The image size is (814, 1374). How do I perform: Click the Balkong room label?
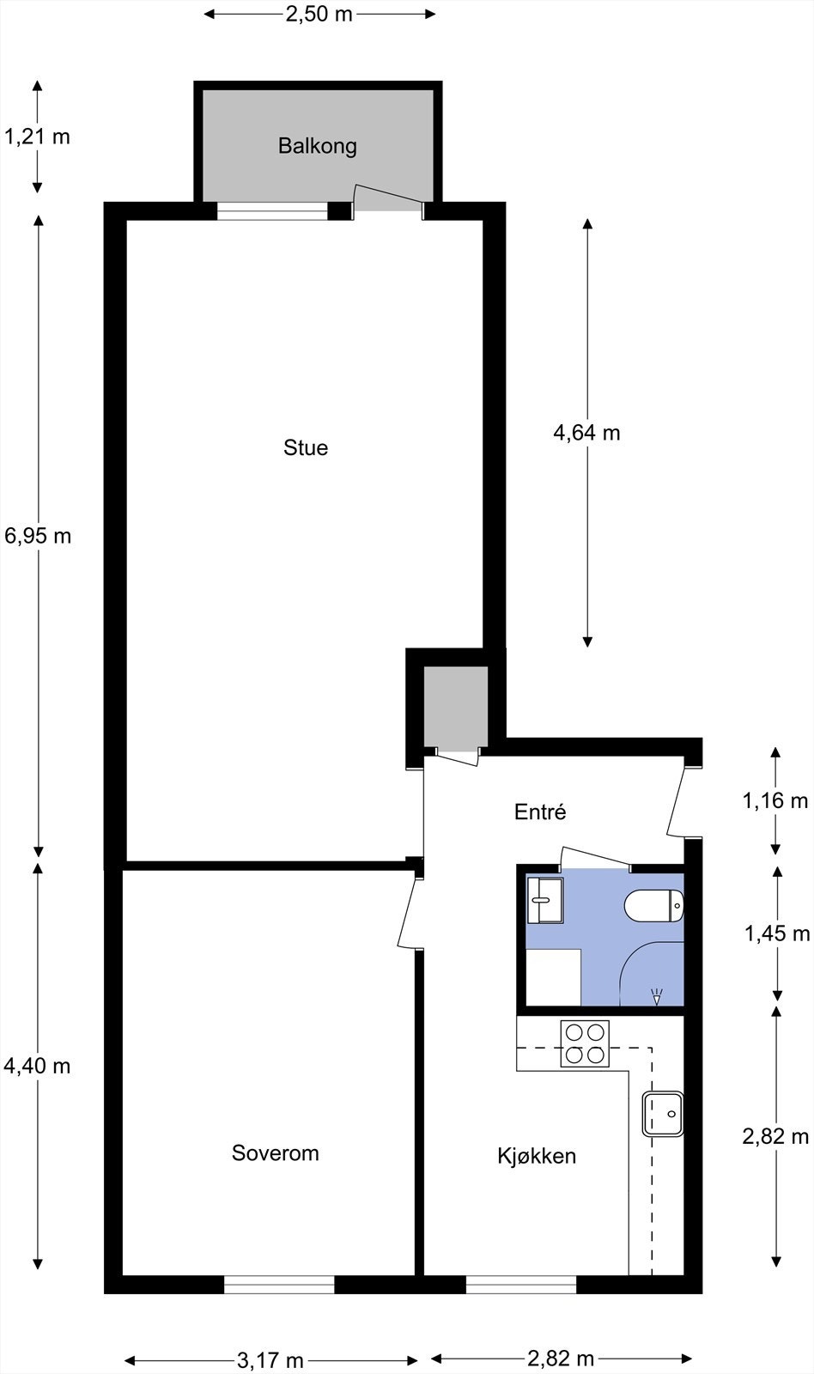(x=317, y=146)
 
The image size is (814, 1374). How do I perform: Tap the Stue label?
(x=306, y=447)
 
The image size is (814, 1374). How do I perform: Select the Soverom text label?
(x=275, y=1152)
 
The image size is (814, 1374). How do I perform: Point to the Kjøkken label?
(x=537, y=1156)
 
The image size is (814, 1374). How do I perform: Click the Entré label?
(x=540, y=812)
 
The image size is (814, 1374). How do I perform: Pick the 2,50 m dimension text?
(x=319, y=14)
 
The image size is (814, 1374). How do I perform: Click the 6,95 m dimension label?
(x=38, y=536)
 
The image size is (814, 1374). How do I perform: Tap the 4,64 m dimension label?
(x=586, y=433)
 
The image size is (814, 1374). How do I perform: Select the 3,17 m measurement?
(x=270, y=1360)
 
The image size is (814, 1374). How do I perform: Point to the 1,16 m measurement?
(x=775, y=800)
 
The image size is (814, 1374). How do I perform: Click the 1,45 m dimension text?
(x=777, y=933)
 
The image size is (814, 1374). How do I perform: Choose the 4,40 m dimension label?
(x=37, y=1066)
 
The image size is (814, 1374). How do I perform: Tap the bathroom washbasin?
(x=544, y=900)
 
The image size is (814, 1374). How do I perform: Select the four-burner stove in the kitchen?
(x=585, y=1043)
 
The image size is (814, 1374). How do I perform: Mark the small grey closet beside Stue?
(x=455, y=707)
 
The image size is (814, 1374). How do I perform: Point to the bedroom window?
(x=279, y=1284)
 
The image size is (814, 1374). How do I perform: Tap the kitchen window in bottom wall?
(x=521, y=1284)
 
